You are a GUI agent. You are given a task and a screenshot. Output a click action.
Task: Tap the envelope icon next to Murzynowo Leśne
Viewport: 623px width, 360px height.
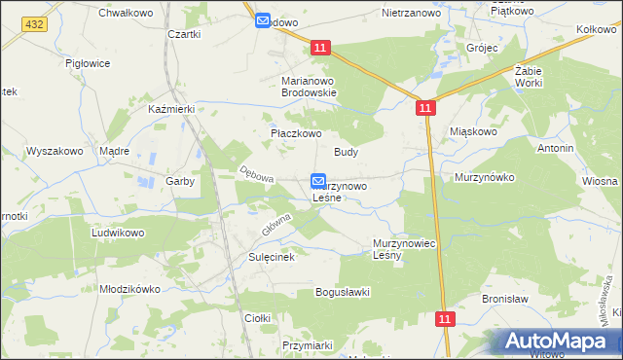318,181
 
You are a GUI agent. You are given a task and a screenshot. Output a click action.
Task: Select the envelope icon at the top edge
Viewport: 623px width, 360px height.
263,20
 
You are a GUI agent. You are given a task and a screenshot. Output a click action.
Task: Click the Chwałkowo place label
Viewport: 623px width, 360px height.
122,13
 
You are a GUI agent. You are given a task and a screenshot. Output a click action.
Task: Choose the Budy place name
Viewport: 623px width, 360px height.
347,152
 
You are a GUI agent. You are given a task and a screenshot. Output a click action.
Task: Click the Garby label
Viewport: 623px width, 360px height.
180,181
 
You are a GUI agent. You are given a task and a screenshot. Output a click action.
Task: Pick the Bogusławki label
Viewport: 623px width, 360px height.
342,292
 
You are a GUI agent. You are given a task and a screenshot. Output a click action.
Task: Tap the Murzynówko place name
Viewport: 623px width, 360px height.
484,178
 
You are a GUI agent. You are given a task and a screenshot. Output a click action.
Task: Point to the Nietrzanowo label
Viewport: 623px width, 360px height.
407,15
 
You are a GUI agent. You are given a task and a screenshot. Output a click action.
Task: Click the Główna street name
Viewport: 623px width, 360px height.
276,225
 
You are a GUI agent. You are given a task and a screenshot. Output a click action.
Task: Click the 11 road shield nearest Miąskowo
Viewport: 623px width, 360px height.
425,110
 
